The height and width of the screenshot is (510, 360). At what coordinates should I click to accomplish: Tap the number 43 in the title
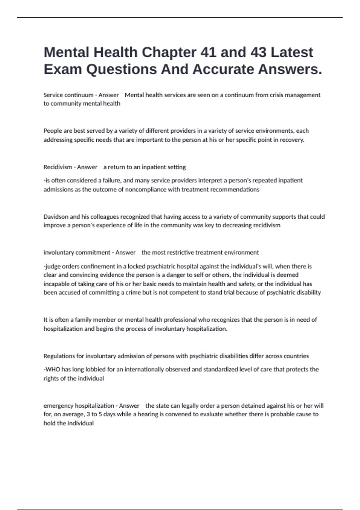[258, 52]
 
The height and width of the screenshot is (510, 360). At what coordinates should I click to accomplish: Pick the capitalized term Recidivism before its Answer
[58, 167]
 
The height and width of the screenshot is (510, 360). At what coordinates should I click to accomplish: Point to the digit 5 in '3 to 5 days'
[100, 414]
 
